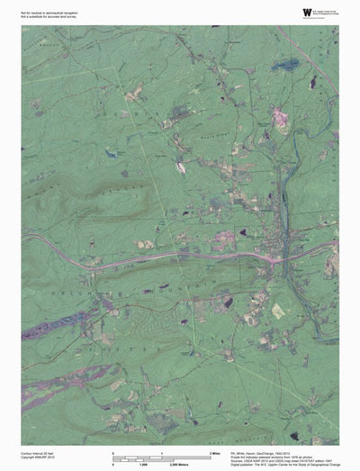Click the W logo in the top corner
[308, 12]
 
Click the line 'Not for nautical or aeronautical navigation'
[50, 10]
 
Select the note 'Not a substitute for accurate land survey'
[49, 14]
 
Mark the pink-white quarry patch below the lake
[280, 118]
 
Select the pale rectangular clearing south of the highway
[278, 311]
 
